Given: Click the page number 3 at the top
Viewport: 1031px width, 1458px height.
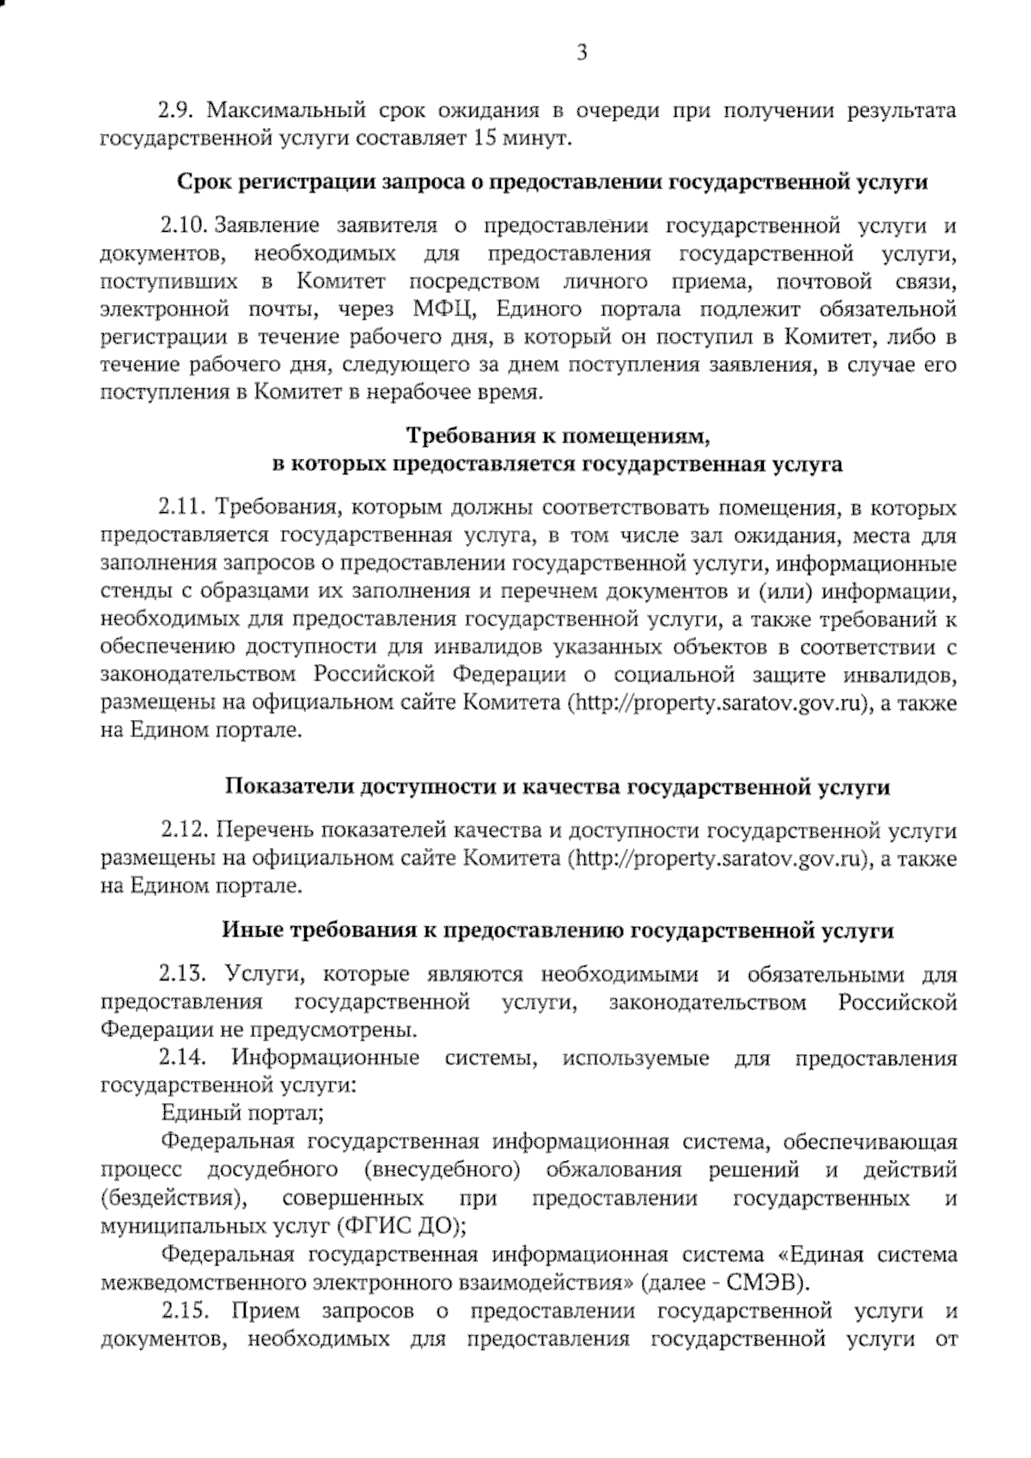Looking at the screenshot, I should pos(582,53).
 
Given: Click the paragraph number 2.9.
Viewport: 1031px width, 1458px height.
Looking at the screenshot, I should pos(177,111).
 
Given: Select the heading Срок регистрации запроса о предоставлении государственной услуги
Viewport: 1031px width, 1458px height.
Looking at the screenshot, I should pos(552,182).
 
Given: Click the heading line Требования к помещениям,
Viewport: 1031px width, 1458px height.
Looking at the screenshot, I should pos(558,436).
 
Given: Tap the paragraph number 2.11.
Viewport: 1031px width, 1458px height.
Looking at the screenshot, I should pos(182,508).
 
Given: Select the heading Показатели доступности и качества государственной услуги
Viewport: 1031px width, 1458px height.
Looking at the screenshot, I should pos(558,786).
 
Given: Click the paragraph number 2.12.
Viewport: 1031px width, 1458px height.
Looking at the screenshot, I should pos(184,831).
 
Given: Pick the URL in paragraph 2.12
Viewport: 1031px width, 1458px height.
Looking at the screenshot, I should pos(721,857).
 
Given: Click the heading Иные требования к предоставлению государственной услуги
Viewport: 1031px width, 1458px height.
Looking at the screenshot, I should pos(558,930).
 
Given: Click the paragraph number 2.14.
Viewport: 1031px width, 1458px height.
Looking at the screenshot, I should pos(182,1057).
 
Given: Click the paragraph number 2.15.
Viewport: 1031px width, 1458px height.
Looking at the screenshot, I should pos(182,1311).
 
